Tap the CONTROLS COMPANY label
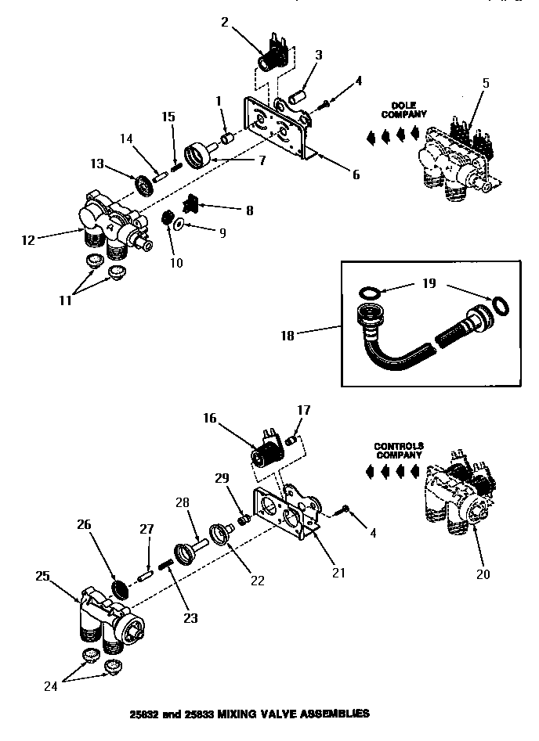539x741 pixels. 398,451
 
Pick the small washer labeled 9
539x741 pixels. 180,225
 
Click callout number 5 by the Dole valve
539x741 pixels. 485,83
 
